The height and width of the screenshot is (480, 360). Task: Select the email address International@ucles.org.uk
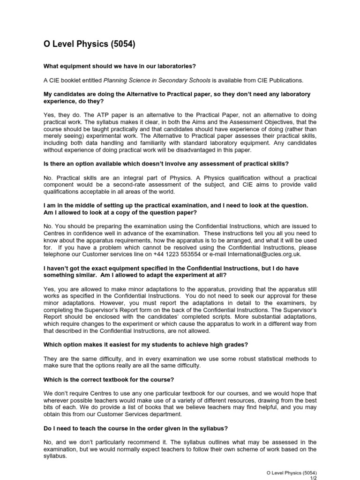(262, 254)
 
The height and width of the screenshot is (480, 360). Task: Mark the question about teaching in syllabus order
(135, 428)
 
